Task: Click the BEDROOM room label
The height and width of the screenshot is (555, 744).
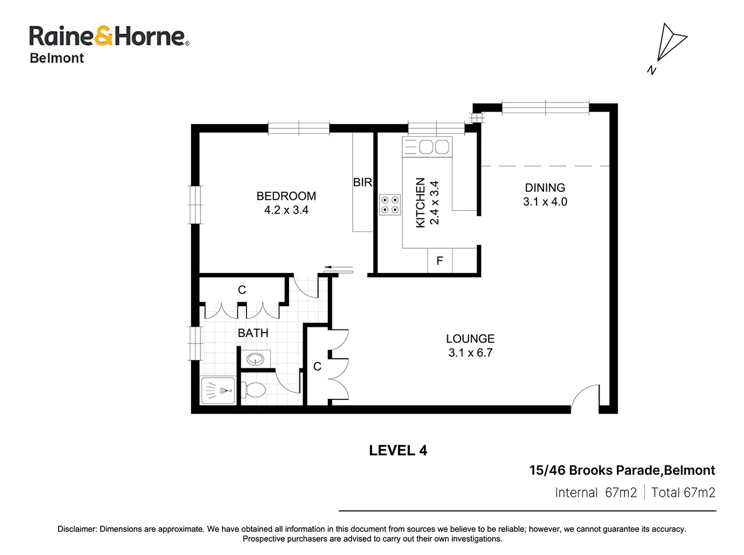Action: pos(286,196)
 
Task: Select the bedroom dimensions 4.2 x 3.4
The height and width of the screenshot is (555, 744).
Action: pos(286,210)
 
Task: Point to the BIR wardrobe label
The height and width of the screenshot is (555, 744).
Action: pos(362,182)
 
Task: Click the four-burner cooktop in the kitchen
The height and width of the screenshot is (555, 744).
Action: pos(390,205)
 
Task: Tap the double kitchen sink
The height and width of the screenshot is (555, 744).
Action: pos(434,147)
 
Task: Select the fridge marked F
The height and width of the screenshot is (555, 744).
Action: pos(440,261)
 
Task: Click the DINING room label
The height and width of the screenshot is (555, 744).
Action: pos(545,188)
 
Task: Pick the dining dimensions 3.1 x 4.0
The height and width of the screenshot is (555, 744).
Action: pos(545,201)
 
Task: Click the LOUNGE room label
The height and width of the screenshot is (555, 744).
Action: pos(470,339)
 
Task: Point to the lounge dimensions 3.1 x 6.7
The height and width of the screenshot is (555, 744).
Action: pos(470,353)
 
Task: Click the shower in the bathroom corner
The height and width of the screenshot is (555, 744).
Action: pos(218,391)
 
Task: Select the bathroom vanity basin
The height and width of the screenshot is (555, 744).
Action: pos(255,359)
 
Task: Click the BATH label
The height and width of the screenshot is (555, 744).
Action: pos(253,333)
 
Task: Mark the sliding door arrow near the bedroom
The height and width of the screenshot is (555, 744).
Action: pos(338,268)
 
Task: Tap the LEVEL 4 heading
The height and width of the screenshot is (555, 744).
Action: pos(398,451)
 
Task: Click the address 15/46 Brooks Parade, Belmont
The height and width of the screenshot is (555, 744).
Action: pos(622,470)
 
